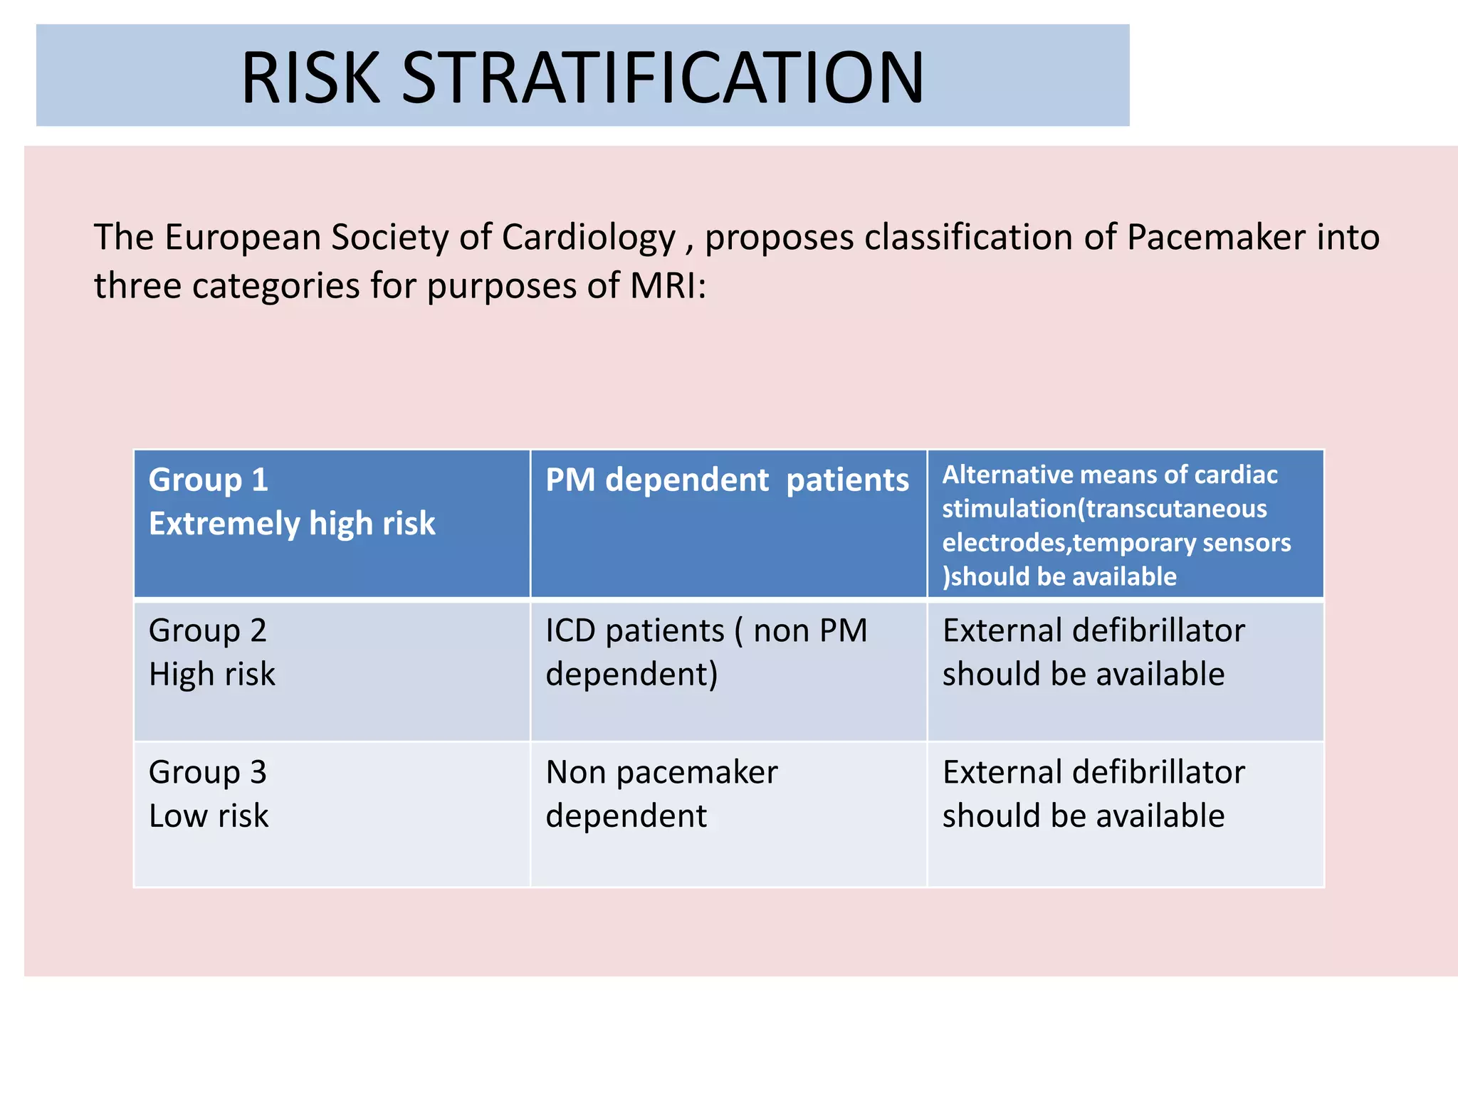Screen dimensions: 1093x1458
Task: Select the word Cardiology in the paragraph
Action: (x=589, y=238)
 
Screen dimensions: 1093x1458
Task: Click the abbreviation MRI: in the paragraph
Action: (x=668, y=286)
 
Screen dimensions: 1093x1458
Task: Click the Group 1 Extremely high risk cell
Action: (x=332, y=524)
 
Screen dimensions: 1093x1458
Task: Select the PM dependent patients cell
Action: (x=728, y=524)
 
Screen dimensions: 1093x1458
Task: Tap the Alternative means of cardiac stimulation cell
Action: (x=1125, y=524)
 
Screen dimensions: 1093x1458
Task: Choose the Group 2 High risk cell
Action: (x=332, y=670)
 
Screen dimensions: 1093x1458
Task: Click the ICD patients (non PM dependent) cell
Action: (x=728, y=670)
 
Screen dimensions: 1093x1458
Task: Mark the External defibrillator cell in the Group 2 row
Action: (x=1125, y=670)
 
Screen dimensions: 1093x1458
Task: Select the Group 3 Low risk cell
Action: (x=332, y=814)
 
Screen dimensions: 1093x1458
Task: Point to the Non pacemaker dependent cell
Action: (x=728, y=814)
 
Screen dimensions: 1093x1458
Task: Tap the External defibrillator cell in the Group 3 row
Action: (x=1125, y=814)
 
